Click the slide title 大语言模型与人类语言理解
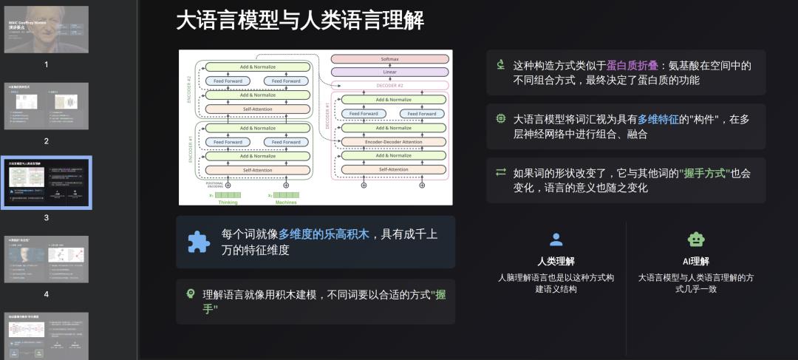click(x=300, y=21)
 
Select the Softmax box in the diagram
click(x=390, y=58)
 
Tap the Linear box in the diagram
click(x=390, y=72)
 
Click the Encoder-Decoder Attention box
click(x=392, y=142)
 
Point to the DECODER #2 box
click(x=390, y=85)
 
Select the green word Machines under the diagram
click(x=286, y=202)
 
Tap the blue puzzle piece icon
click(x=198, y=242)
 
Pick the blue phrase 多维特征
click(x=658, y=119)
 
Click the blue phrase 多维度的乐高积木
click(x=324, y=234)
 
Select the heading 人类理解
click(x=556, y=261)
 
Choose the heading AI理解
click(x=695, y=261)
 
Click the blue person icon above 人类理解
click(x=556, y=240)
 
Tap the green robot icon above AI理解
click(x=695, y=240)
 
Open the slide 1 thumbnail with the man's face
click(x=46, y=30)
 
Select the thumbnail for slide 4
click(x=46, y=259)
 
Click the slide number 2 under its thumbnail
click(x=46, y=141)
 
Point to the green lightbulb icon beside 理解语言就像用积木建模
click(x=190, y=294)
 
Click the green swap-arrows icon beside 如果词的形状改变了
click(x=501, y=173)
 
